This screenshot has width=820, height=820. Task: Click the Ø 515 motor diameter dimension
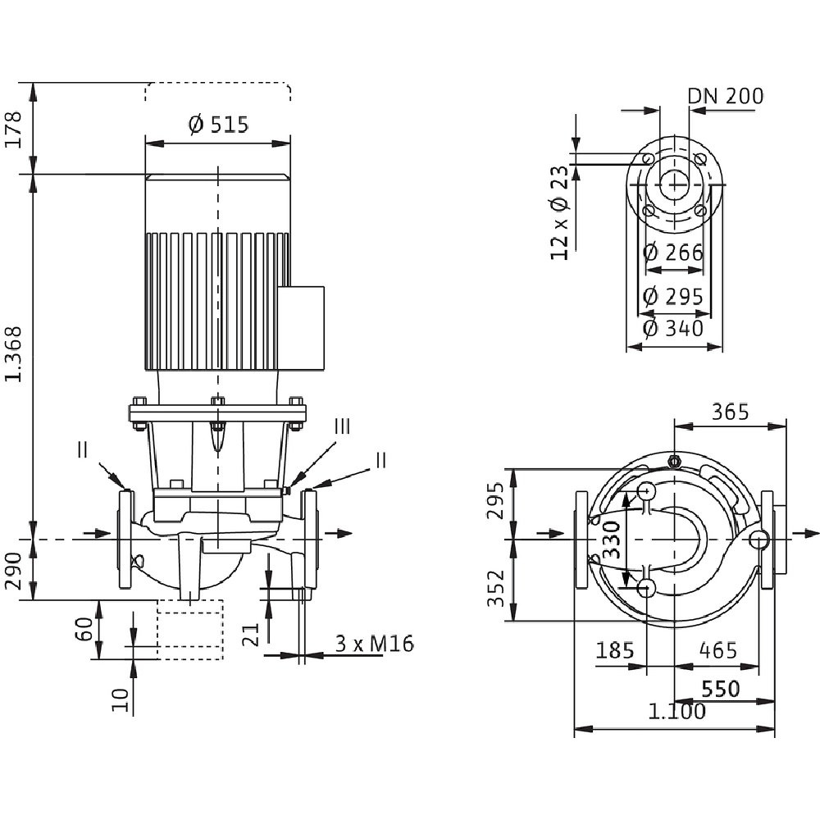click(217, 125)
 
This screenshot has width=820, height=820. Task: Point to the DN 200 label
click(725, 97)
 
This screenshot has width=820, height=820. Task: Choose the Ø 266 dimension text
click(673, 253)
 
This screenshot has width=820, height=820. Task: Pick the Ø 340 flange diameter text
click(673, 329)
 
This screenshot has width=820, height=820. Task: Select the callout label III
click(343, 426)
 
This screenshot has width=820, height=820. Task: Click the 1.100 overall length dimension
click(676, 712)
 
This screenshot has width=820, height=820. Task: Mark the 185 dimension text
click(615, 650)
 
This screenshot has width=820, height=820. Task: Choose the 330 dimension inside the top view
click(612, 540)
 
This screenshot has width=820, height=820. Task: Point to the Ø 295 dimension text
click(673, 296)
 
